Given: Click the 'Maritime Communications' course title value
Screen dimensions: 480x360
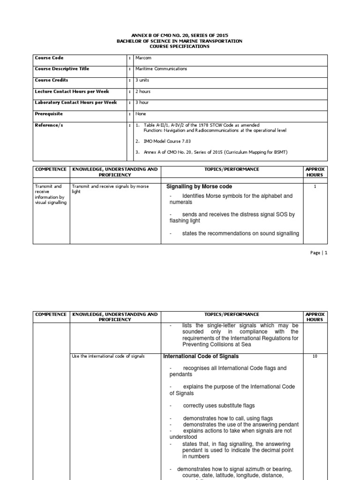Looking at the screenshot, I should tap(161, 69).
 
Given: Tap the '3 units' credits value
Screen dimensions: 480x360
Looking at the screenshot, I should tap(142, 80).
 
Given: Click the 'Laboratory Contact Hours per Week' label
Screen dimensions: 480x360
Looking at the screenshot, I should tap(75, 103).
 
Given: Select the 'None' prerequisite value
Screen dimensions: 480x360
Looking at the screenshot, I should tap(140, 114).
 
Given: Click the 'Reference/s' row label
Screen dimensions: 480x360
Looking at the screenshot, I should tap(48, 125).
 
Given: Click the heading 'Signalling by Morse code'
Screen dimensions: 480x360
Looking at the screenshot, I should tap(200, 186).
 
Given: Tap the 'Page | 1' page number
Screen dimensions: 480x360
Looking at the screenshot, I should tap(318, 253).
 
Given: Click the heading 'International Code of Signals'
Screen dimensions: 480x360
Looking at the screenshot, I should tap(201, 357).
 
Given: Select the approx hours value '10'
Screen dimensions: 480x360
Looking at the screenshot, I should tap(315, 357).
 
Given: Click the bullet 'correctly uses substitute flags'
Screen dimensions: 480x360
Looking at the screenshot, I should tap(219, 405).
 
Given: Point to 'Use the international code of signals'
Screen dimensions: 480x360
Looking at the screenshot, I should tap(108, 356).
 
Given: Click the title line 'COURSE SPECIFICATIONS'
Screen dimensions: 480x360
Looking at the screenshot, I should tap(180, 46).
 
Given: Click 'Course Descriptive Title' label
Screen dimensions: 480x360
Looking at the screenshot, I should tap(62, 69).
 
